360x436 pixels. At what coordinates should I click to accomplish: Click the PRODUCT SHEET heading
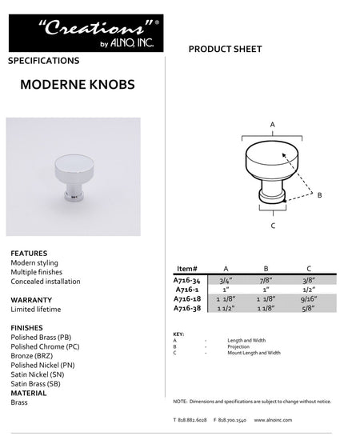tap(225, 50)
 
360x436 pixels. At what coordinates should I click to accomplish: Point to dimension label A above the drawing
tap(273, 125)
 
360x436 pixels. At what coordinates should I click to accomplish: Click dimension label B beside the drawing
tap(320, 194)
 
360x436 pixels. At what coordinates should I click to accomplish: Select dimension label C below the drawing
tap(273, 226)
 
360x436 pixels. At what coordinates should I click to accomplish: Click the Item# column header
tap(186, 269)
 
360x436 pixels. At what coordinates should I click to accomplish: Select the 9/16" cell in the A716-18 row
tap(308, 298)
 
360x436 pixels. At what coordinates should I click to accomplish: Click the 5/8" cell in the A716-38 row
tap(308, 307)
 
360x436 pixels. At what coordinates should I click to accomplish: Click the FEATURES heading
tap(29, 252)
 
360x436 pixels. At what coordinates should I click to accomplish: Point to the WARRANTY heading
tap(31, 299)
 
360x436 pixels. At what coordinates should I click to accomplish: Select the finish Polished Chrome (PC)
tap(44, 346)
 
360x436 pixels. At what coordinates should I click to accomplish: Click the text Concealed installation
tap(45, 281)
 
